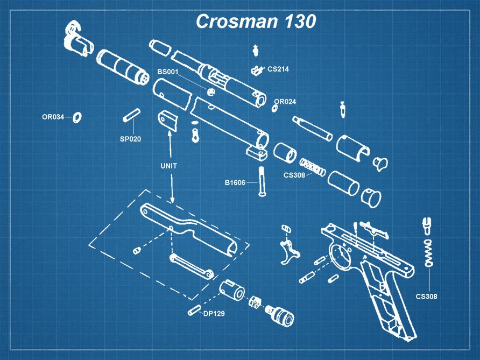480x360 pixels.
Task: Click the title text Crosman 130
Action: pyautogui.click(x=255, y=22)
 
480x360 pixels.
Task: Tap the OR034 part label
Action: pyautogui.click(x=53, y=117)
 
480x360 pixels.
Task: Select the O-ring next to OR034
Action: pyautogui.click(x=76, y=117)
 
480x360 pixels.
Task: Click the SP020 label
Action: pyautogui.click(x=130, y=139)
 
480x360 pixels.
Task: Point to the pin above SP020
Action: pyautogui.click(x=132, y=115)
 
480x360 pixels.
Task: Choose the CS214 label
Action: pyautogui.click(x=278, y=69)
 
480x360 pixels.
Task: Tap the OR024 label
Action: pyautogui.click(x=285, y=101)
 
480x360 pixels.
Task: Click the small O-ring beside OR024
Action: pyautogui.click(x=275, y=108)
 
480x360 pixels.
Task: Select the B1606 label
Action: pyautogui.click(x=235, y=182)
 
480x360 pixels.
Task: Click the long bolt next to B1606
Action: pyautogui.click(x=263, y=182)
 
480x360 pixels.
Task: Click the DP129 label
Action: pyautogui.click(x=214, y=314)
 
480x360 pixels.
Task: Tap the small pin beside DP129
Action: pyautogui.click(x=194, y=311)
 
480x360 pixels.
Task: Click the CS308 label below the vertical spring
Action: pyautogui.click(x=426, y=296)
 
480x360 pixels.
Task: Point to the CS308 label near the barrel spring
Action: pyautogui.click(x=294, y=175)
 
